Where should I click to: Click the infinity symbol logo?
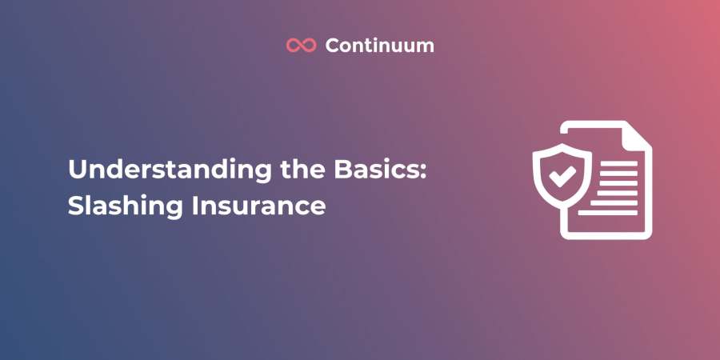coord(302,45)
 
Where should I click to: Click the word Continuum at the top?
coord(379,46)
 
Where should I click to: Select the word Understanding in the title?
coord(170,170)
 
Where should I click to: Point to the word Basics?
coord(377,170)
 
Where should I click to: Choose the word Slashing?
coord(126,206)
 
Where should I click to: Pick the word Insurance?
coord(258,206)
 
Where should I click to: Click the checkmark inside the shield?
coord(562,176)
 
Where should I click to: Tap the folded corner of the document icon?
coord(637,135)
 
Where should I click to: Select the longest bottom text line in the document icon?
coord(607,213)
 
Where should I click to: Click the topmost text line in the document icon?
coord(618,163)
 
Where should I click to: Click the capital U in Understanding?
coord(77,170)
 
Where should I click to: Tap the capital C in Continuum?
coord(334,46)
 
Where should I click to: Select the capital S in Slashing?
coord(75,206)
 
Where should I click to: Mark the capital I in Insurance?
coord(194,206)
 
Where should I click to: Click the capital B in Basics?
coord(343,170)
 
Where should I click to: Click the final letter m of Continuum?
coord(424,48)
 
